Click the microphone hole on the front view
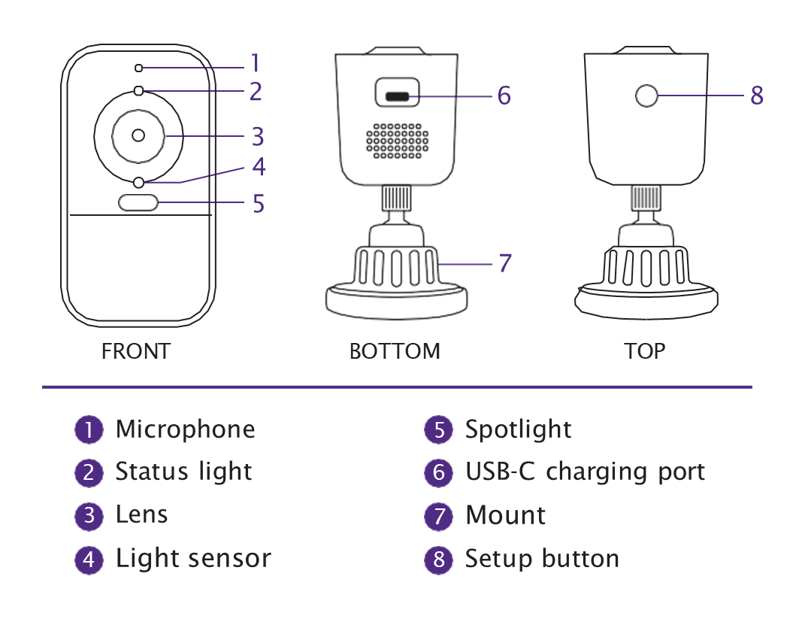coord(138,68)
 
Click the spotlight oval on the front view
coord(138,202)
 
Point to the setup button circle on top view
coord(646,96)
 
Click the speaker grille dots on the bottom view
coord(397,141)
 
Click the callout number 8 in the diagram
coord(757,96)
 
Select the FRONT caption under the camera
coord(136,351)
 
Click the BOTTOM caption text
coord(395,351)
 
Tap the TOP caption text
coord(644,351)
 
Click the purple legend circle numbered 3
coord(89,516)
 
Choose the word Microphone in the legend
coord(185,429)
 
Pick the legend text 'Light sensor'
coord(193,559)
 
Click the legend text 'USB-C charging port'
coord(585,472)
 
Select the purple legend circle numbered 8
coord(439,560)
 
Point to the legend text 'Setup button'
coord(542,559)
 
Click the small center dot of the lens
coord(138,135)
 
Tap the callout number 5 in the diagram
coord(259,204)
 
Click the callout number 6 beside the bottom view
coord(504,96)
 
